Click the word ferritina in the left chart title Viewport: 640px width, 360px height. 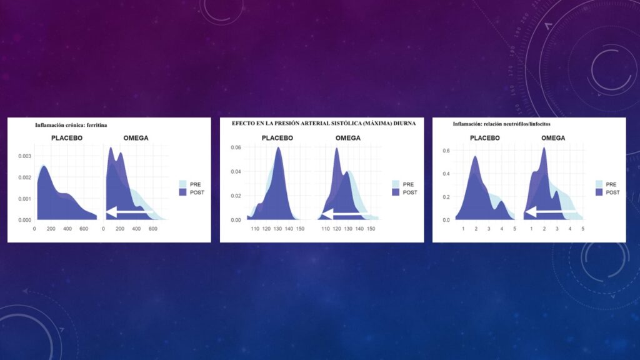(97, 125)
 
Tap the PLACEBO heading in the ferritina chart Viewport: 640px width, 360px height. (67, 138)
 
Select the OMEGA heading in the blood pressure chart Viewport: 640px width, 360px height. (348, 138)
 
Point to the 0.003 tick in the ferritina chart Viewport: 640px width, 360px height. (24, 156)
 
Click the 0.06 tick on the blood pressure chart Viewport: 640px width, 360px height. (236, 147)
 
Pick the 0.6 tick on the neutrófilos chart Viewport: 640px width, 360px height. (446, 151)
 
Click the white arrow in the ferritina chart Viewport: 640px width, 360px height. (129, 212)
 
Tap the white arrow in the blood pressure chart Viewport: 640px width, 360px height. (345, 214)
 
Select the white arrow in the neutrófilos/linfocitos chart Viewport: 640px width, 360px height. (550, 211)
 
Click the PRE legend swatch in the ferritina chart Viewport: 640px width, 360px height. (182, 184)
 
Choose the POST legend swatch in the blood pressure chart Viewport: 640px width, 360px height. (396, 192)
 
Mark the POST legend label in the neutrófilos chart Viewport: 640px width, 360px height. (612, 192)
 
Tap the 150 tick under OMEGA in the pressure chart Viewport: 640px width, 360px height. (371, 229)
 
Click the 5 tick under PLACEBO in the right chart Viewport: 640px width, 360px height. (515, 229)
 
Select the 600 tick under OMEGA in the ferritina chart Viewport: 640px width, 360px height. (152, 229)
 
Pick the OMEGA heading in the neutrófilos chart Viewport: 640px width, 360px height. (553, 138)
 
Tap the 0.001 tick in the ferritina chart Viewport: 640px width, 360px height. (24, 199)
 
